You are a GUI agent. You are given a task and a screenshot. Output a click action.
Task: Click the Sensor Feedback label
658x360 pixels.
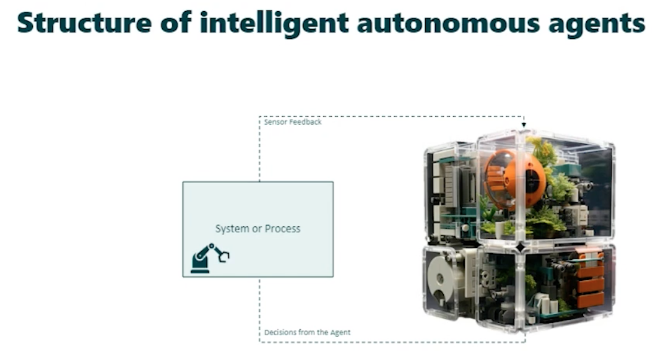(x=293, y=122)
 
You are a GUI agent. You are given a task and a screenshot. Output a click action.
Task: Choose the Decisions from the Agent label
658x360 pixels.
(x=307, y=333)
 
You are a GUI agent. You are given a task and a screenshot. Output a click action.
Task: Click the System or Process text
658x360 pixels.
(x=258, y=229)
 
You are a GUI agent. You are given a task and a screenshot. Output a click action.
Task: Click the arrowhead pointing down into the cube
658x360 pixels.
(x=524, y=126)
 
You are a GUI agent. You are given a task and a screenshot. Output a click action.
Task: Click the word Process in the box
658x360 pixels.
(x=283, y=229)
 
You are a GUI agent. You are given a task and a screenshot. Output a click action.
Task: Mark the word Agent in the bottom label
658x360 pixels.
(x=340, y=333)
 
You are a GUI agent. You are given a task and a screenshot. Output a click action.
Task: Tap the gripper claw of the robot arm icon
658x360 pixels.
(x=223, y=255)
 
